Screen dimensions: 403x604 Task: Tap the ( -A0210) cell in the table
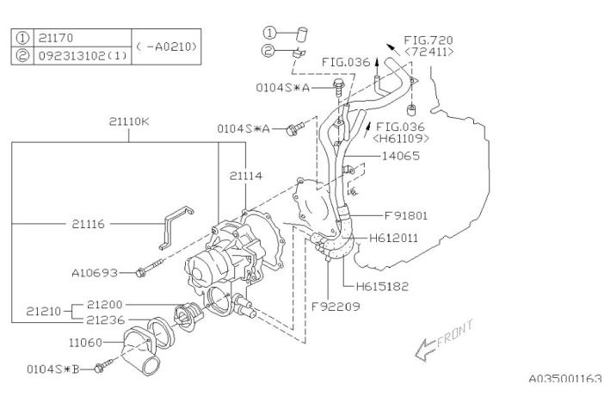coord(167,46)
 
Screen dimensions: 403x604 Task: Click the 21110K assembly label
coord(128,121)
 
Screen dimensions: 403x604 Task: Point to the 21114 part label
coord(246,176)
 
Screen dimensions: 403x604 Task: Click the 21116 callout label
coord(89,224)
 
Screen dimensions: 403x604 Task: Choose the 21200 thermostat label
coord(106,305)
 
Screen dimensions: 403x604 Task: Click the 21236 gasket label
coord(106,319)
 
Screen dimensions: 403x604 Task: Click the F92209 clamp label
coord(331,304)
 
